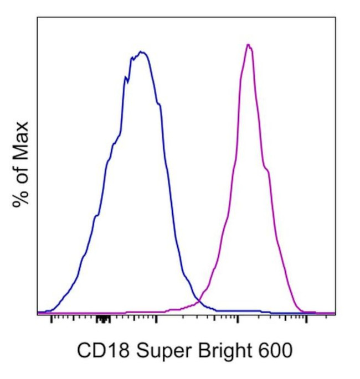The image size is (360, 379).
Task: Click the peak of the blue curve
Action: pyautogui.click(x=142, y=53)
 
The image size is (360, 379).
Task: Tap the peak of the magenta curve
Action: pyautogui.click(x=249, y=45)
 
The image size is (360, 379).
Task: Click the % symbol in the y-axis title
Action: pyautogui.click(x=21, y=196)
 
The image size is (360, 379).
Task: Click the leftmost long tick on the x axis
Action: pyautogui.click(x=51, y=319)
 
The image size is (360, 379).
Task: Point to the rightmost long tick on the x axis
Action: pyautogui.click(x=307, y=319)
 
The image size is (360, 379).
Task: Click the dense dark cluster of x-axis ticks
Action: pyautogui.click(x=103, y=319)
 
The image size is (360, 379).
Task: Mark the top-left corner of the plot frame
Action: pyautogui.click(x=38, y=17)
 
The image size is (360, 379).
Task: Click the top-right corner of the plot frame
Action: pyautogui.click(x=335, y=17)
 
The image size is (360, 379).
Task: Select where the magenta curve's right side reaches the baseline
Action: pyautogui.click(x=302, y=311)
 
